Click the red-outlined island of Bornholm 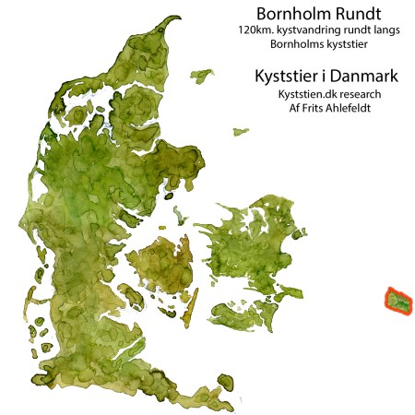398,301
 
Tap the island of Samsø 177,214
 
